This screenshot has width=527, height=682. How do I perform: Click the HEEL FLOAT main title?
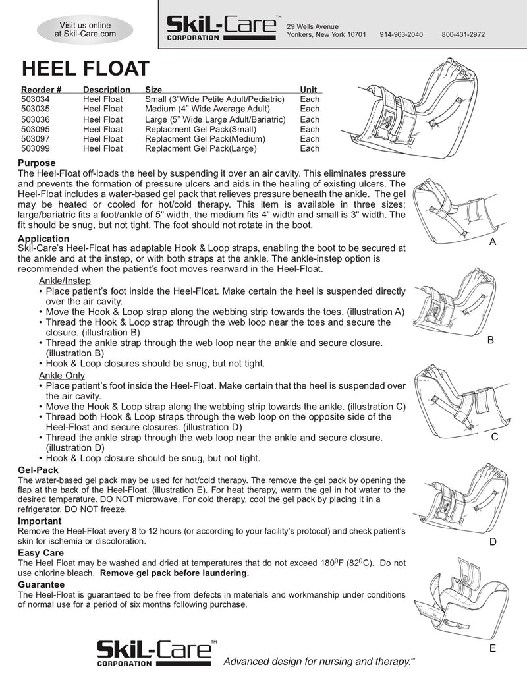pyautogui.click(x=85, y=69)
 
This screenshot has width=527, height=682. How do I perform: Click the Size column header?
pyautogui.click(x=153, y=89)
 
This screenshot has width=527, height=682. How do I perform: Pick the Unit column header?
pyautogui.click(x=308, y=89)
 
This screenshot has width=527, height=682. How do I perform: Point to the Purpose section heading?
pyautogui.click(x=36, y=163)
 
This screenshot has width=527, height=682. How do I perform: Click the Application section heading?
pyautogui.click(x=43, y=238)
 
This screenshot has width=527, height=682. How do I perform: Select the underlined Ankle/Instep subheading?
pyautogui.click(x=65, y=281)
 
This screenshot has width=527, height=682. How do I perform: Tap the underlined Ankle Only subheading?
pyautogui.click(x=61, y=375)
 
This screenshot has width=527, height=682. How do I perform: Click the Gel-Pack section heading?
pyautogui.click(x=38, y=470)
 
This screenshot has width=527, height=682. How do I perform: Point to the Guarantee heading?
pyautogui.click(x=41, y=584)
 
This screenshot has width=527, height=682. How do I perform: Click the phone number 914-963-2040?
pyautogui.click(x=401, y=34)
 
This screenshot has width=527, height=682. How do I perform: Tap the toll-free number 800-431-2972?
pyautogui.click(x=463, y=34)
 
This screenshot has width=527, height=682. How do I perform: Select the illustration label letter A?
pyautogui.click(x=492, y=242)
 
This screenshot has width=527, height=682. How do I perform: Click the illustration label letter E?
pyautogui.click(x=492, y=648)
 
